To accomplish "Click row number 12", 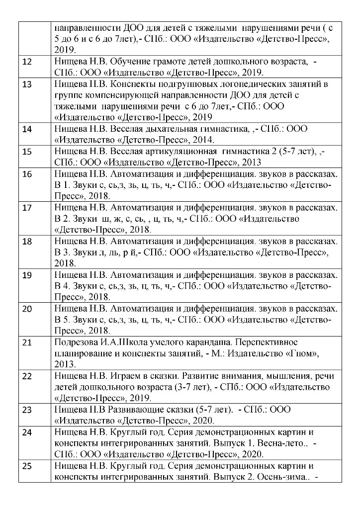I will click(28, 62).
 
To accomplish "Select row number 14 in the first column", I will click(28, 129).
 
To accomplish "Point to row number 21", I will click(28, 342).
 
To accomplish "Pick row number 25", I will click(28, 466).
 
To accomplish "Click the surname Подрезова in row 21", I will click(77, 342).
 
